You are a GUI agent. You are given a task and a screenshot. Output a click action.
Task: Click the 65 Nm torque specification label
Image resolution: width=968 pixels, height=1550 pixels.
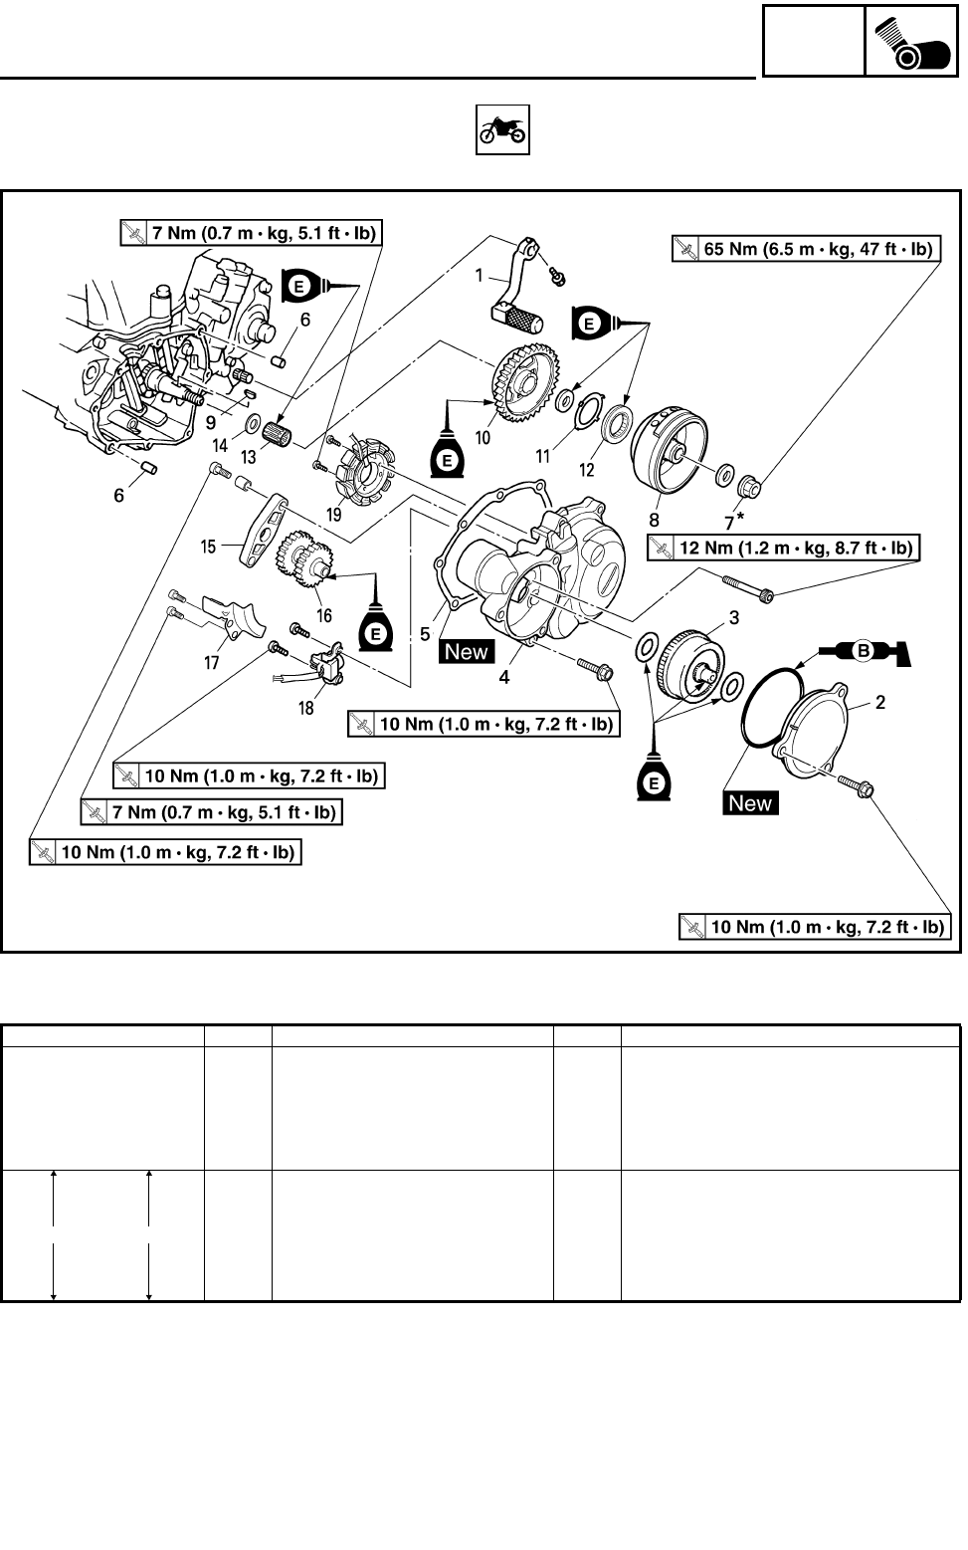(x=807, y=250)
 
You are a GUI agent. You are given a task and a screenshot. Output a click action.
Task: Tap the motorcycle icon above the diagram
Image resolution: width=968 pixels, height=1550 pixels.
(x=502, y=130)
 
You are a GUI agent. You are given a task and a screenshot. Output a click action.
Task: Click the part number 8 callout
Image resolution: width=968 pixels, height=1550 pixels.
(x=654, y=520)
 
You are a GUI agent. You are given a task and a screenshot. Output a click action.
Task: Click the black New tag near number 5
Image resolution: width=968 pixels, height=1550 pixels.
(x=467, y=652)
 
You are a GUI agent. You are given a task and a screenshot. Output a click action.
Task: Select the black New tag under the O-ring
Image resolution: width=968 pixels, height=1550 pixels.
(x=750, y=803)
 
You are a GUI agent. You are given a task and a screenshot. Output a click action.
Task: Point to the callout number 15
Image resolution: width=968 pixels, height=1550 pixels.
(x=209, y=547)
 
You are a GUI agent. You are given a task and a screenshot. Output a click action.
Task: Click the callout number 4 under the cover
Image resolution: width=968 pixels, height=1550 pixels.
(x=504, y=677)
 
